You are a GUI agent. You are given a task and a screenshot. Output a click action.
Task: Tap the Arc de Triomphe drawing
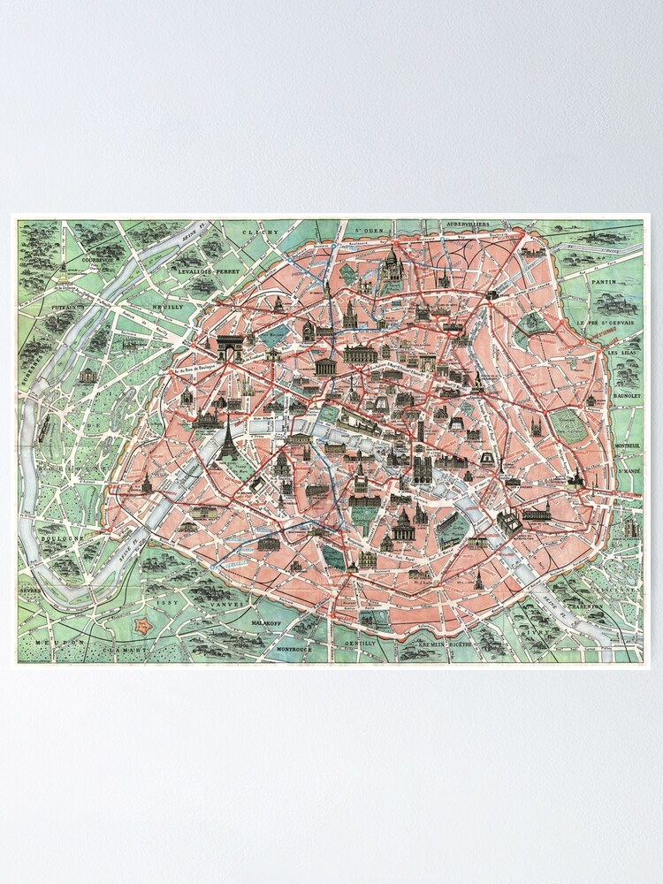(x=231, y=348)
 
